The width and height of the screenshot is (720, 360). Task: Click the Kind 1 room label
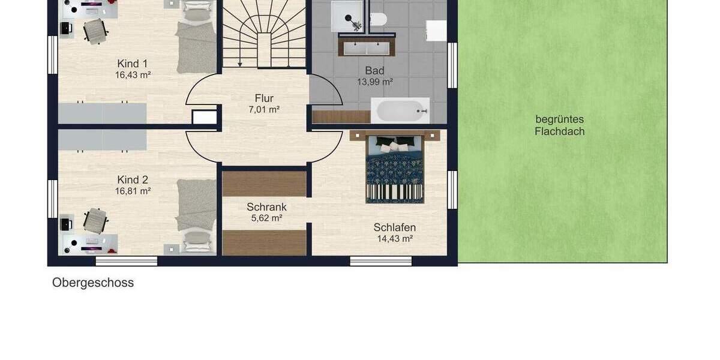[x=133, y=64]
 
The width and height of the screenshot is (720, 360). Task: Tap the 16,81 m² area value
[x=133, y=191]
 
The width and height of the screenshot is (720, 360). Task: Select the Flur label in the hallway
[x=264, y=98]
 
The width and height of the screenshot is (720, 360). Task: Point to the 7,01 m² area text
[x=264, y=109]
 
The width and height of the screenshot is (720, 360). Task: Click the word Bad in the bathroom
[x=374, y=71]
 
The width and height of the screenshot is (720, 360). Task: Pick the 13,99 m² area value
[x=374, y=82]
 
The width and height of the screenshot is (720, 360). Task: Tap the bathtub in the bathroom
[x=400, y=110]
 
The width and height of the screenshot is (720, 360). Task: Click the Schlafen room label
[x=394, y=227]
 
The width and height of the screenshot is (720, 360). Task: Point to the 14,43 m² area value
[x=394, y=238]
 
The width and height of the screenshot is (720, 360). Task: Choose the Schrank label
[x=266, y=207]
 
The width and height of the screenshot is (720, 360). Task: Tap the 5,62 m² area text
[x=266, y=218]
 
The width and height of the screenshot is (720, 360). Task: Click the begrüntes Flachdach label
[x=559, y=125]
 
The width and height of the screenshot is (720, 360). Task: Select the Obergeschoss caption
[x=93, y=283]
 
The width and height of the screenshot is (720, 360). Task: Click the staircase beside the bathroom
[x=264, y=33]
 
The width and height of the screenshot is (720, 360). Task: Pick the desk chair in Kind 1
[x=95, y=31]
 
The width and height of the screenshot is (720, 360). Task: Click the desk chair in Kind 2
[x=94, y=220]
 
